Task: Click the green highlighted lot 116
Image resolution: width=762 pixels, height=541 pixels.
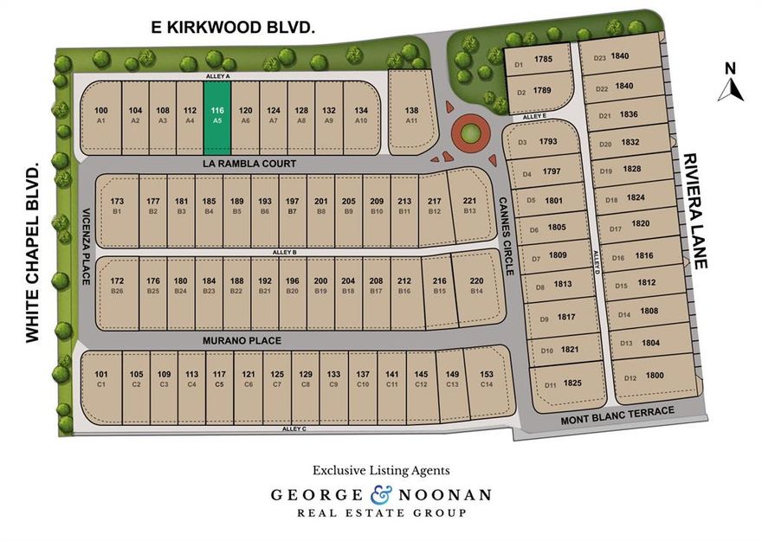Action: (217, 115)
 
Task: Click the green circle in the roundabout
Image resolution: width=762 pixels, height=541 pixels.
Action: (469, 134)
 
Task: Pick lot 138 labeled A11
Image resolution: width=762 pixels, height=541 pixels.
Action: (411, 115)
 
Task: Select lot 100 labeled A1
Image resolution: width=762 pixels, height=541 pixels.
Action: (100, 115)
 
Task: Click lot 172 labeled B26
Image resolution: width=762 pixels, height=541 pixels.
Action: (117, 285)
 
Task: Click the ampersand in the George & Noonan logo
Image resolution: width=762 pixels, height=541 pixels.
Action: (381, 495)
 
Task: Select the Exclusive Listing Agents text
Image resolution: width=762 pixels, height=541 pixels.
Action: (381, 471)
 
